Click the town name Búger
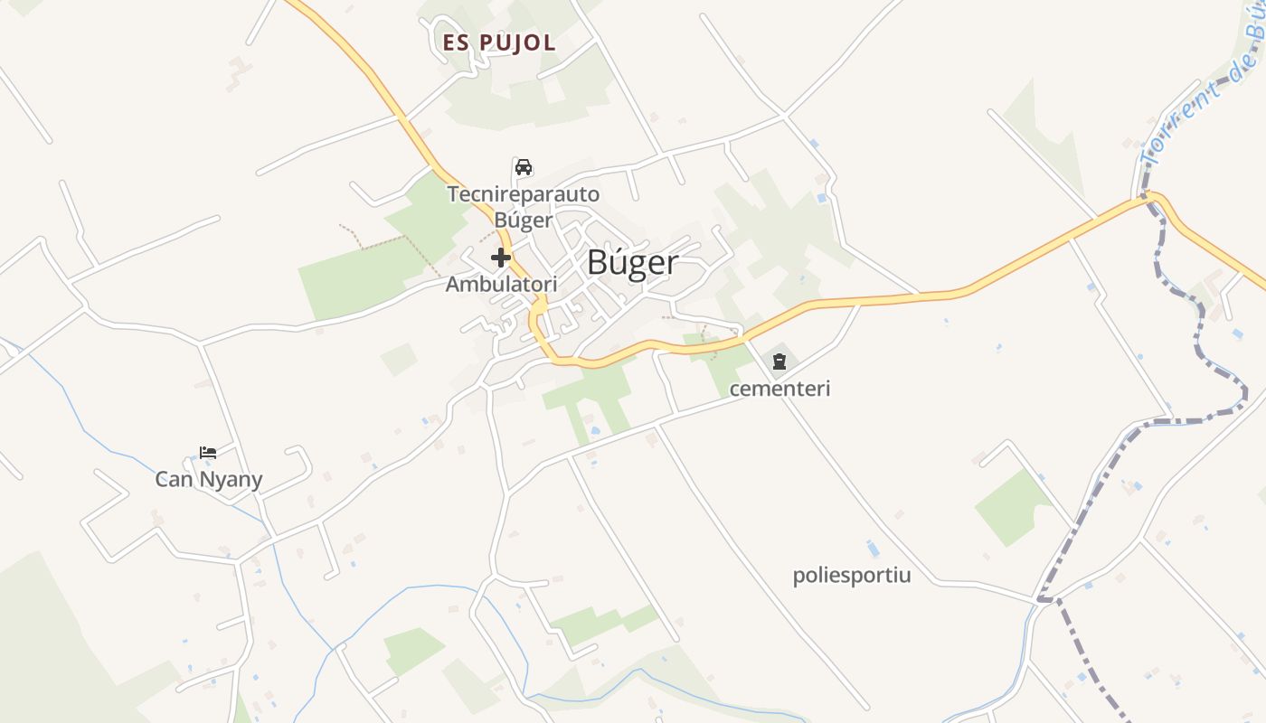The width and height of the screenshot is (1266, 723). (632, 263)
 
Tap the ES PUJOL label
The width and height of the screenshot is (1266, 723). (499, 42)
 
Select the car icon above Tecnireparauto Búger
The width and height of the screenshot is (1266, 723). (523, 167)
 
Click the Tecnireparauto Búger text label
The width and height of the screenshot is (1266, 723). (523, 206)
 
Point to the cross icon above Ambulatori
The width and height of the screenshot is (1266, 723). (501, 258)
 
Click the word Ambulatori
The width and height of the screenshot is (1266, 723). (501, 284)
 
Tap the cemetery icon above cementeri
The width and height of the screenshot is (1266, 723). (779, 362)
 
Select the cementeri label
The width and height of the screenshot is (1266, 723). (779, 390)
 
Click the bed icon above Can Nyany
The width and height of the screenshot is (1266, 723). (208, 452)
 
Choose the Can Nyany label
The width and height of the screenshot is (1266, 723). (208, 479)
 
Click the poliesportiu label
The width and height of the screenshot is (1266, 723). (852, 576)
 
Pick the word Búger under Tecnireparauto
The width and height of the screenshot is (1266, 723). (523, 220)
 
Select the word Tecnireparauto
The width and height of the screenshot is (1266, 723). (523, 193)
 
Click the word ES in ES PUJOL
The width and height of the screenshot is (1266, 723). (454, 42)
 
